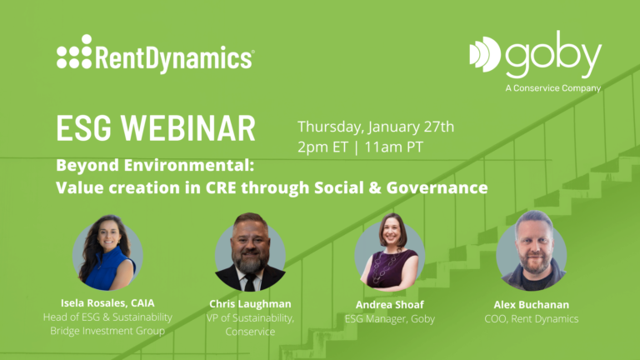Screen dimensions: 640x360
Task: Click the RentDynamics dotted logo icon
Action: click(74, 52)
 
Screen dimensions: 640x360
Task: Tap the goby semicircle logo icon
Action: click(485, 54)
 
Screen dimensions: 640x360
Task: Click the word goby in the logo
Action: click(553, 54)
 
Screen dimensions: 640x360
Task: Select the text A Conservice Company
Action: click(553, 88)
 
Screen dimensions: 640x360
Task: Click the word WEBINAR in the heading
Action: click(188, 128)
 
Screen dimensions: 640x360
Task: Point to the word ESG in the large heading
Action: click(83, 128)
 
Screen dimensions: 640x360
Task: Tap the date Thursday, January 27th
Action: click(376, 127)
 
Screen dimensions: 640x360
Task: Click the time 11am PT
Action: click(393, 147)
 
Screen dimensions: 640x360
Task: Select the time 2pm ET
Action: click(322, 147)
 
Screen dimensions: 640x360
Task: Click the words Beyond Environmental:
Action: click(155, 165)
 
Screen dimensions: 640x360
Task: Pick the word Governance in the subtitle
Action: click(437, 187)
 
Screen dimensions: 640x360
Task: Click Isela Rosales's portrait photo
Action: click(107, 252)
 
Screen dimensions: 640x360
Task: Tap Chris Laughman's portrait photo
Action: click(250, 252)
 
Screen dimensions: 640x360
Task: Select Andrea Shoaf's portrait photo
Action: click(390, 252)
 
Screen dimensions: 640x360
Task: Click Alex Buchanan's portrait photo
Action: click(532, 251)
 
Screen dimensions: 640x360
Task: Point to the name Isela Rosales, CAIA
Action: click(107, 302)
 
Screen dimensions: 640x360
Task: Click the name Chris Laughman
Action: click(250, 304)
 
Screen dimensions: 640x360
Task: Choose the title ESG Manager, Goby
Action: click(390, 319)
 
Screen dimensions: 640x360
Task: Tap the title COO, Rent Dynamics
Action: click(532, 319)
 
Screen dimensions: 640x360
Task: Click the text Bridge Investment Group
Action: click(107, 331)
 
